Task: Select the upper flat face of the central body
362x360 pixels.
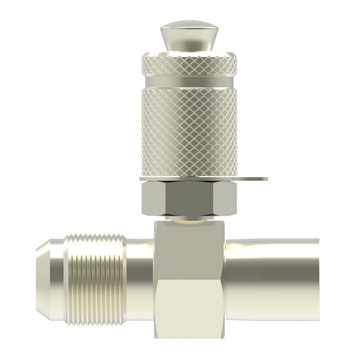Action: [188, 246]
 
